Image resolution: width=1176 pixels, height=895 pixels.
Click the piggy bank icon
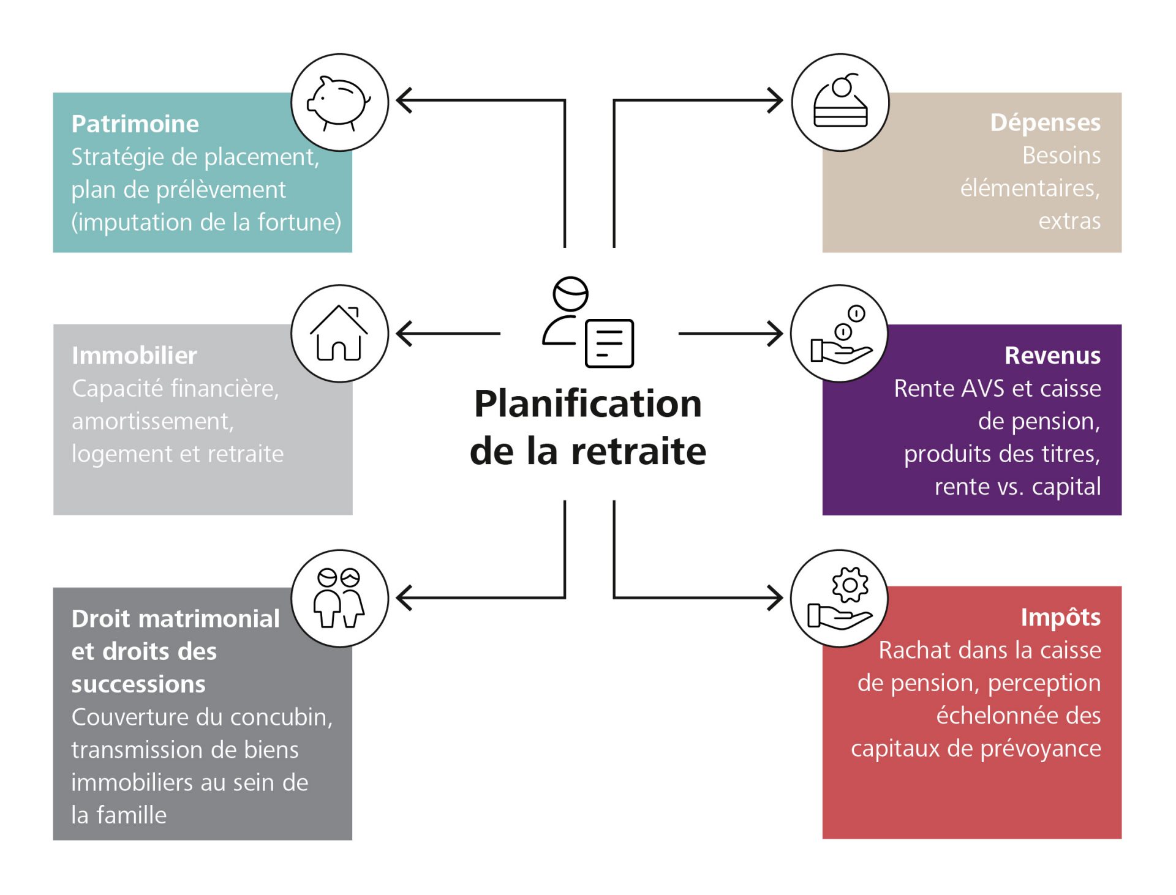point(339,103)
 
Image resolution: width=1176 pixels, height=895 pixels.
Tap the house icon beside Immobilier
point(339,334)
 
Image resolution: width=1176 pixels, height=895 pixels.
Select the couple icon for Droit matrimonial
point(339,598)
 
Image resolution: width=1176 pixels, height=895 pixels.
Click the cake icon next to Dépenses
point(840,103)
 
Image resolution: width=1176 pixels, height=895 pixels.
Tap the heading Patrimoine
point(135,124)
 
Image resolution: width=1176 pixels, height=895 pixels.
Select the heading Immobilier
point(134,356)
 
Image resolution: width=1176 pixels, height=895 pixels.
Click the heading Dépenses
point(1045,122)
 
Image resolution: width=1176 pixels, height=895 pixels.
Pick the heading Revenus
point(1052,356)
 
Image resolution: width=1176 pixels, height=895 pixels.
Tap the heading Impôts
point(1060,617)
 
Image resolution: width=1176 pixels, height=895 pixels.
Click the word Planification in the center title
point(588,404)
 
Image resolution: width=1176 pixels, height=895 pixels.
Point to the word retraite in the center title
point(639,451)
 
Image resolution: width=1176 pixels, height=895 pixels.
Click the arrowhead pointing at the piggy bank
point(403,100)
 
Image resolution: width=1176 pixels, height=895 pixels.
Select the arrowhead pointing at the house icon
point(403,334)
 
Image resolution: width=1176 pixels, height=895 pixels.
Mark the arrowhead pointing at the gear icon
point(776,598)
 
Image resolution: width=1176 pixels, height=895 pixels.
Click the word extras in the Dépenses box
point(1069,221)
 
